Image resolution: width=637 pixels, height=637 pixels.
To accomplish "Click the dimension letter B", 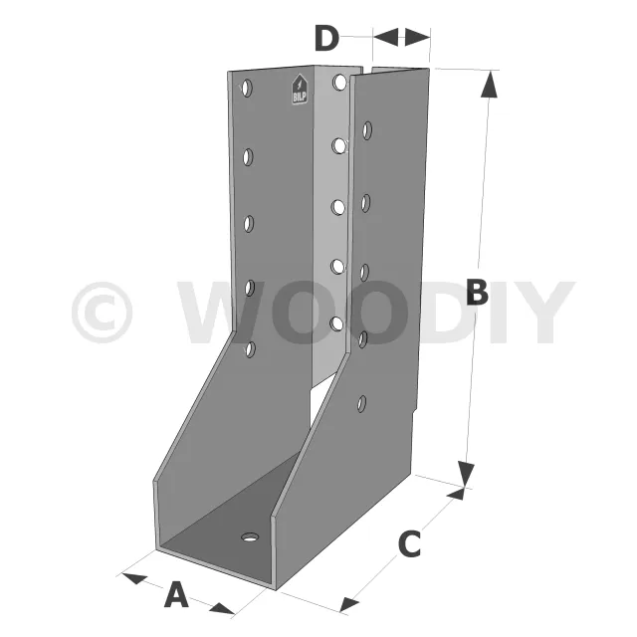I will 477,294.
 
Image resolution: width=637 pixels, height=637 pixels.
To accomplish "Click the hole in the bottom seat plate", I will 249,537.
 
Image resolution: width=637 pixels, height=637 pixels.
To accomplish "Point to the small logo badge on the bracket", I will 299,90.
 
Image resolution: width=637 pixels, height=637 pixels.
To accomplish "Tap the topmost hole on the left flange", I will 247,89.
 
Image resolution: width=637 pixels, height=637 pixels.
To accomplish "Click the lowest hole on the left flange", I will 250,348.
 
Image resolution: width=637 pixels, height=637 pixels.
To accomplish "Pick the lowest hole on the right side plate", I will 363,404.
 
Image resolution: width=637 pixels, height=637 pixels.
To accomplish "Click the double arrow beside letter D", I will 402,37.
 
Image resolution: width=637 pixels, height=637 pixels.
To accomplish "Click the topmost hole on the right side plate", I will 368,129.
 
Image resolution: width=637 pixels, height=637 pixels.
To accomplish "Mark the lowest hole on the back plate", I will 336,323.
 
